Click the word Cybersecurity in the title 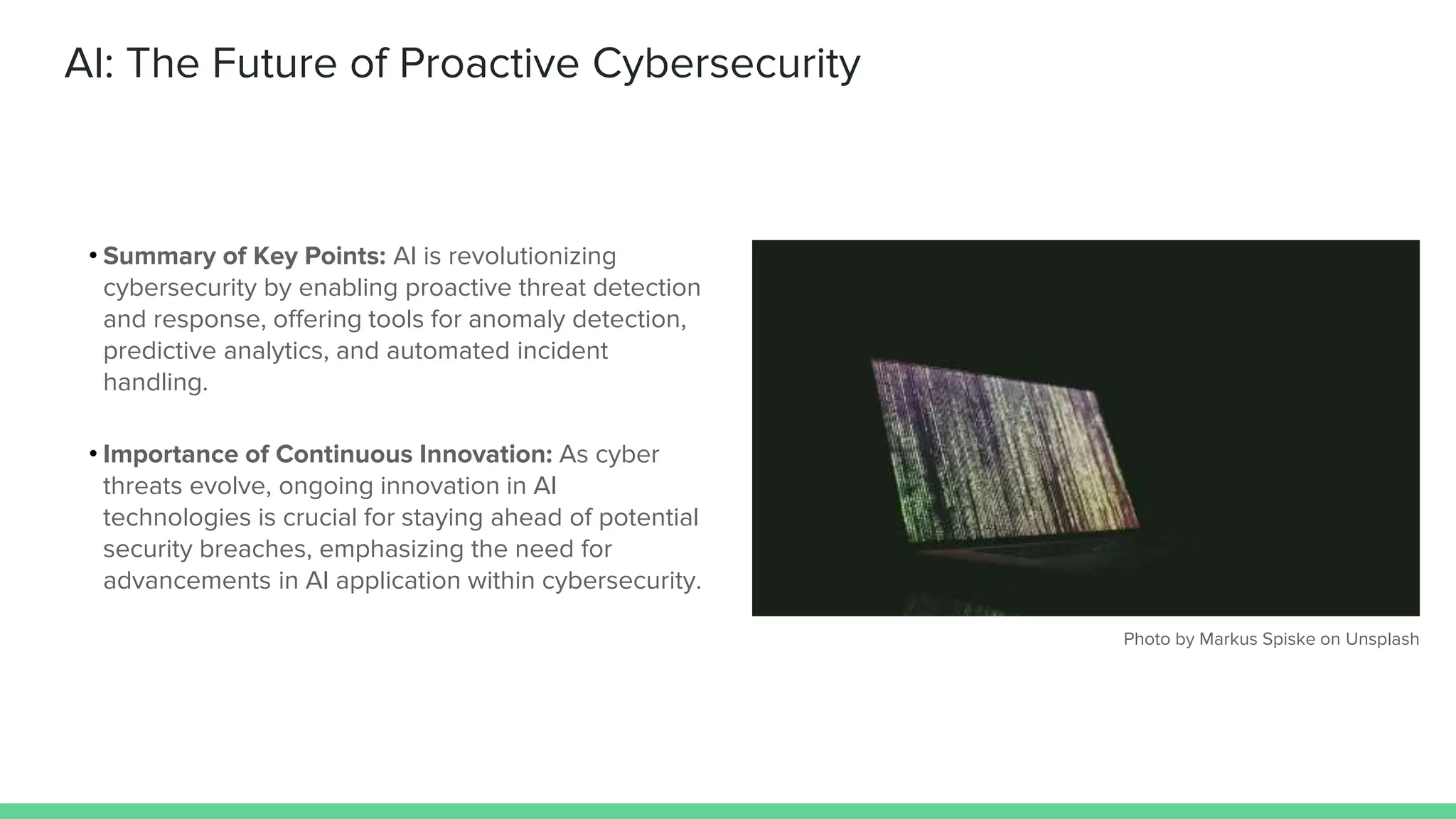click(726, 64)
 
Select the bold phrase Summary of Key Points click(244, 256)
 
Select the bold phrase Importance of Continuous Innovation click(327, 454)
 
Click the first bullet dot click(93, 255)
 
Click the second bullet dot click(93, 454)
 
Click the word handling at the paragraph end click(155, 382)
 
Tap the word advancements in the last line click(187, 581)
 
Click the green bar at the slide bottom click(728, 810)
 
